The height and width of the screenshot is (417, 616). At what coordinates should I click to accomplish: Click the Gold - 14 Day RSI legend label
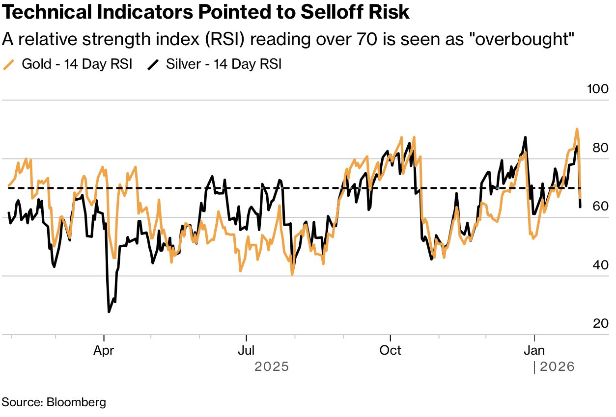[77, 64]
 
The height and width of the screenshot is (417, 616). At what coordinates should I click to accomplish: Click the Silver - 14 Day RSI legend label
[224, 64]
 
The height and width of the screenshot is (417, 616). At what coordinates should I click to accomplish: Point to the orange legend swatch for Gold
[9, 64]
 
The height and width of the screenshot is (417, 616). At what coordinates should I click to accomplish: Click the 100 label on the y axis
[597, 89]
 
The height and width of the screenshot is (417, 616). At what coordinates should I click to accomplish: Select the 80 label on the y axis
[600, 148]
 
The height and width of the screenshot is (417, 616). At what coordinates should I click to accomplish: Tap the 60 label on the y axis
[600, 206]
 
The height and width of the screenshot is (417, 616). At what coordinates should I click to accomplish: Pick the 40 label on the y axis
[600, 265]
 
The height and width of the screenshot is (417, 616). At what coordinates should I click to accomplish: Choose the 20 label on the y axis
[600, 323]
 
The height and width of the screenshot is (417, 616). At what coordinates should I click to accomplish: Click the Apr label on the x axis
[104, 350]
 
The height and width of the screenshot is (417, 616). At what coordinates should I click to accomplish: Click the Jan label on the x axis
[534, 350]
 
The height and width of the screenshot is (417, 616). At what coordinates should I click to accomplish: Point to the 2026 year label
[557, 367]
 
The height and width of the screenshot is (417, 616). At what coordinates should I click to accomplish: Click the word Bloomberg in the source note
[76, 402]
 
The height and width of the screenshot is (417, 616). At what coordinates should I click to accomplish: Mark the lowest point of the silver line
[109, 312]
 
